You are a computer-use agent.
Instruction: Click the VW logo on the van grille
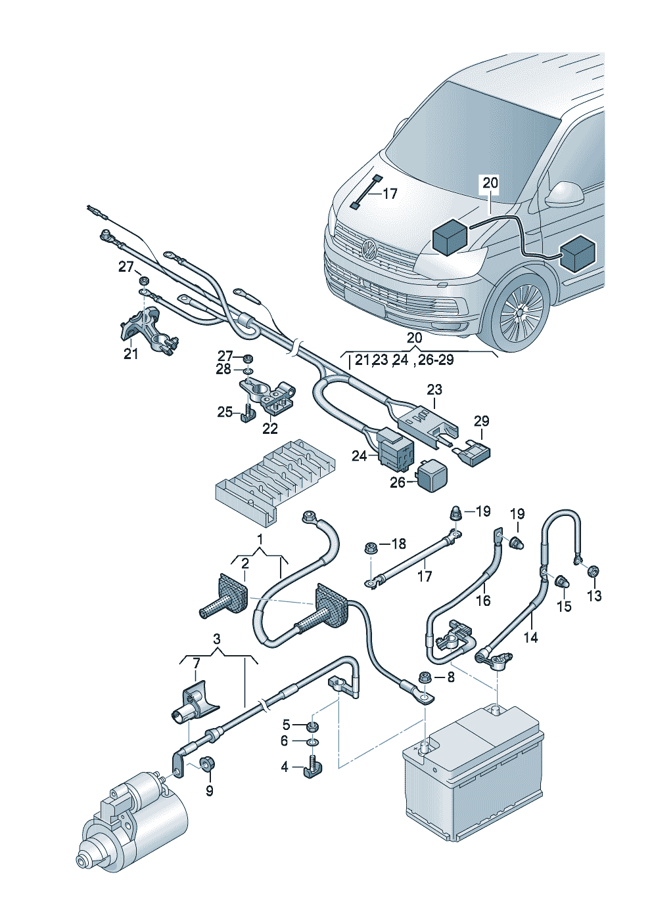[x=369, y=249]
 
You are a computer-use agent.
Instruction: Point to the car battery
[x=473, y=768]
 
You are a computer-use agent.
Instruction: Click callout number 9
[x=209, y=791]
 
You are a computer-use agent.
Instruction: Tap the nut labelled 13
[x=591, y=571]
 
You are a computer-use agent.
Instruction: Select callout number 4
[x=285, y=766]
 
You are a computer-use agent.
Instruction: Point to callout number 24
[x=359, y=455]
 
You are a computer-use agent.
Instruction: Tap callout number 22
[x=270, y=429]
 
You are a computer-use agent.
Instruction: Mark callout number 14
[x=530, y=637]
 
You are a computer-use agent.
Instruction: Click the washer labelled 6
[x=312, y=742]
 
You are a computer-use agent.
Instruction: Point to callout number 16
[x=483, y=600]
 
